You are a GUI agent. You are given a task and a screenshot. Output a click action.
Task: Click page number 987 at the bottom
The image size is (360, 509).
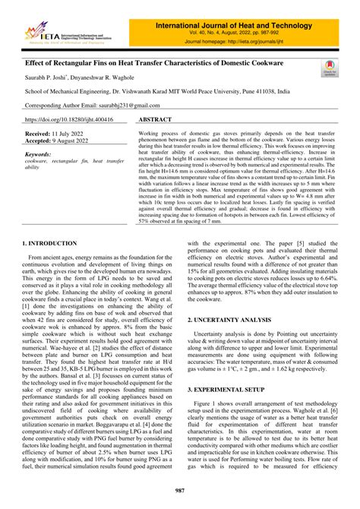[x=180, y=492]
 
